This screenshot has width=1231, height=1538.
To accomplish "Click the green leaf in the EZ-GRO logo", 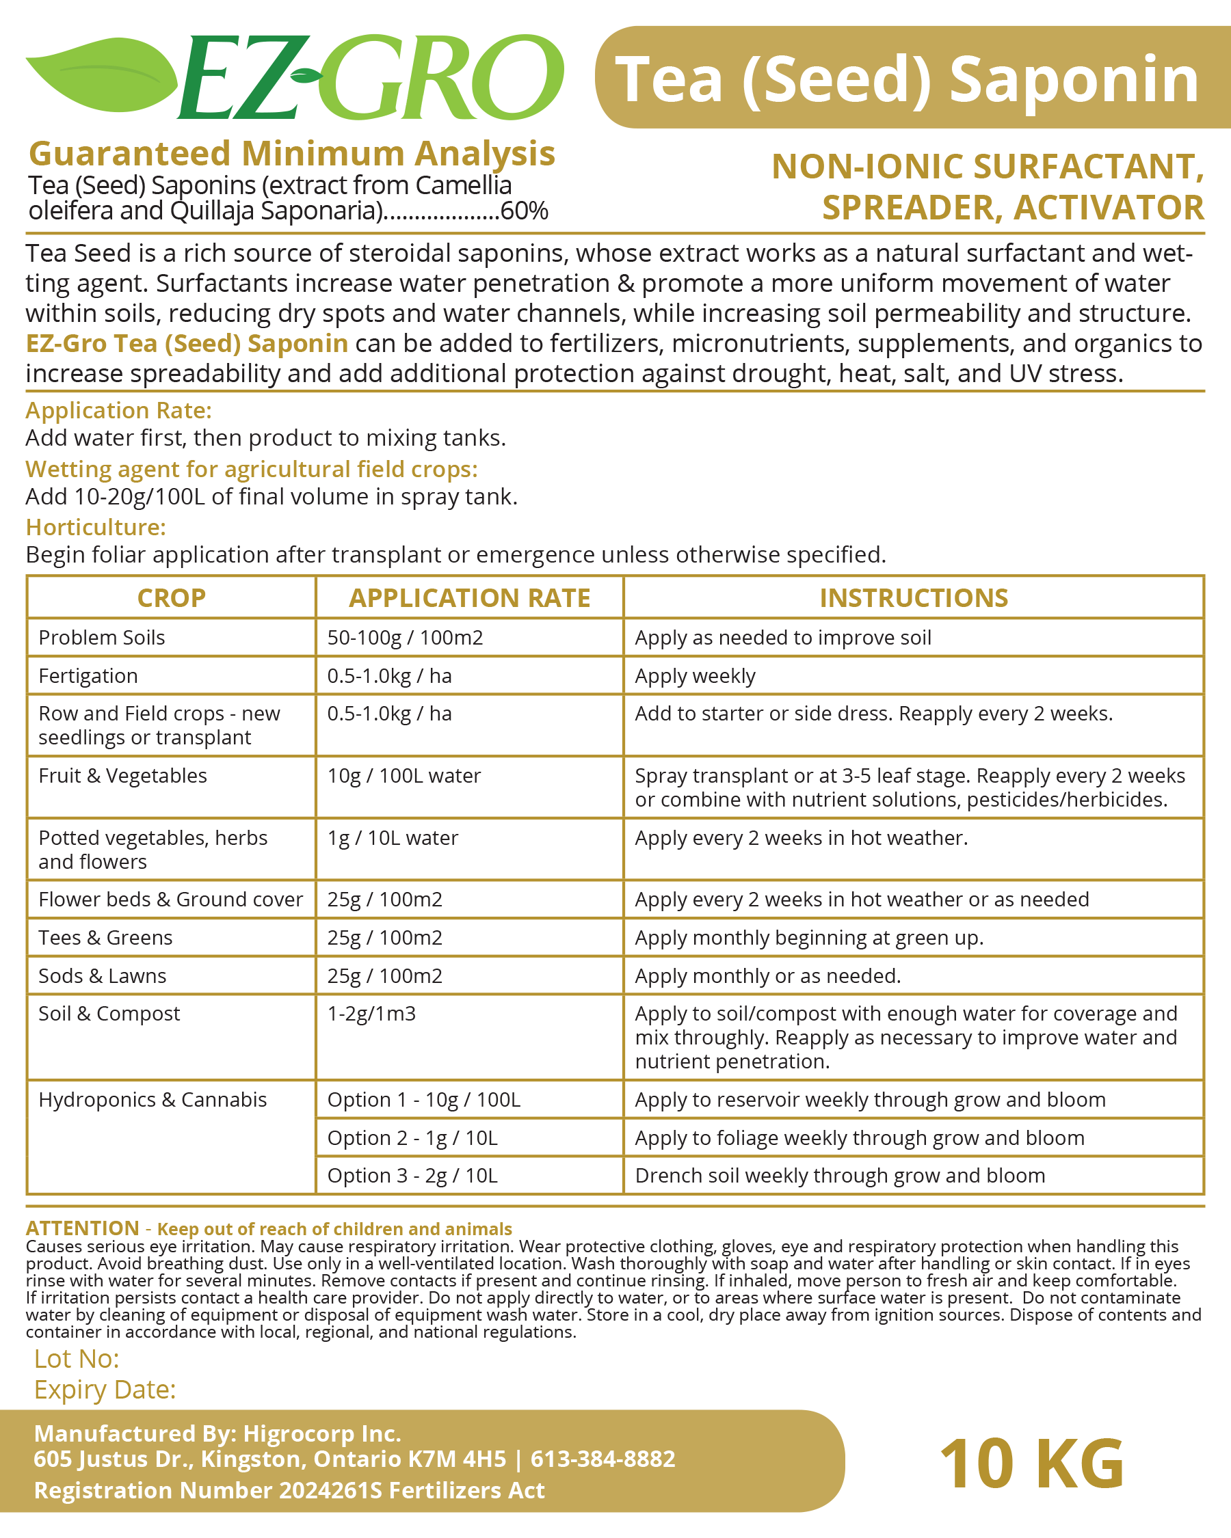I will point(100,75).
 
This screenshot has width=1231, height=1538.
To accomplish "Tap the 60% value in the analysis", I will point(525,211).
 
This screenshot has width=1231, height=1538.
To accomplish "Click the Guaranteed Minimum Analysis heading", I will point(292,153).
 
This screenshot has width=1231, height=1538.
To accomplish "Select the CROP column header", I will point(171,598).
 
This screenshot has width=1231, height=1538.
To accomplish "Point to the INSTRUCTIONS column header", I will point(914,598).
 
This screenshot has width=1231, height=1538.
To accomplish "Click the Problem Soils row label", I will point(102,638).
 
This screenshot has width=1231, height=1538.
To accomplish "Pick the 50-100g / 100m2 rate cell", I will point(406,638).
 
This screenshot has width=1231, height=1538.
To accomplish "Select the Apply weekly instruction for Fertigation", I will point(695,676).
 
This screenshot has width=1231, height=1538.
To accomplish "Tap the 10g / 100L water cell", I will point(404,776).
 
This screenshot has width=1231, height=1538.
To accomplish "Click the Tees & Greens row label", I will point(105,938).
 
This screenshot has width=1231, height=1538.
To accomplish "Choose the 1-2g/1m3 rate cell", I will point(371,1014).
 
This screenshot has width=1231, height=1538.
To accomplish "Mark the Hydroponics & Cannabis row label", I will point(153,1100).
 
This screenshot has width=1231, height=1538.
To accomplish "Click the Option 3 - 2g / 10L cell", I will point(412,1176).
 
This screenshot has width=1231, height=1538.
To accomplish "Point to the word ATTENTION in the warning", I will point(83,1228).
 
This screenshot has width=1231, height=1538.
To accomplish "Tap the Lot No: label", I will point(77,1359).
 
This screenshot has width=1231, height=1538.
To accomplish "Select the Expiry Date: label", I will point(105,1390).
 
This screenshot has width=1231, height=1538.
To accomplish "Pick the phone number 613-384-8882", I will point(603,1459).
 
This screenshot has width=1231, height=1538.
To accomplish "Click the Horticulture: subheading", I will point(96,527).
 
